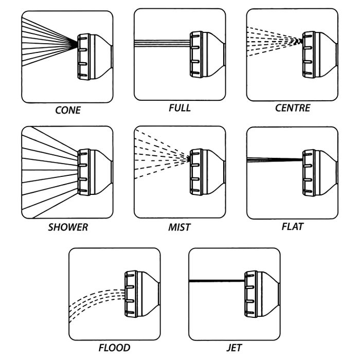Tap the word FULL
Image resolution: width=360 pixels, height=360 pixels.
coord(179,107)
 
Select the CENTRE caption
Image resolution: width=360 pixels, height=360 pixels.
coord(292,109)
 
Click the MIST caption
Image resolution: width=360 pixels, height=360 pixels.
coord(179,227)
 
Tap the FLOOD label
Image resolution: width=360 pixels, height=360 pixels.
coord(114,348)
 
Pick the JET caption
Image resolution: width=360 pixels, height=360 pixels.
coord(234,348)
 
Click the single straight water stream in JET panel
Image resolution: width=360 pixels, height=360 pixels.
coord(216,281)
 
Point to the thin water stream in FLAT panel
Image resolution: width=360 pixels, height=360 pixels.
coord(273,159)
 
